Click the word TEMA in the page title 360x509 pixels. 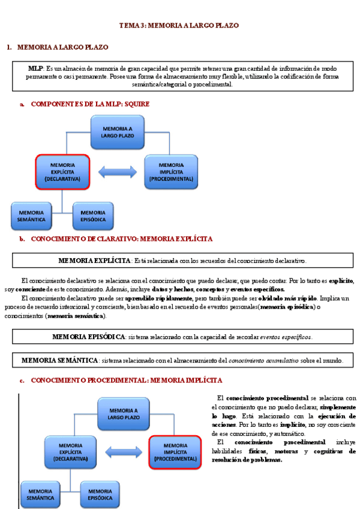pos(128,26)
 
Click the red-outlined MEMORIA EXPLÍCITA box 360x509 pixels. pos(62,171)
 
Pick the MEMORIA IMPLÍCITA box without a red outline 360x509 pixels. pos(172,171)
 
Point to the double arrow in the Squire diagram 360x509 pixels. pos(118,172)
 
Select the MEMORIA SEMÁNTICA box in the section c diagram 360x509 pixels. pos(40,494)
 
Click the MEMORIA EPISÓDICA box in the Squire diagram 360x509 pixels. pos(93,216)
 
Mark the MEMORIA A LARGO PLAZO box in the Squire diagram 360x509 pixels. pos(117,132)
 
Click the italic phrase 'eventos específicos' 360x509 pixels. pos(286,337)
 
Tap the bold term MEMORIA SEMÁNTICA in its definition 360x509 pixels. pos(59,361)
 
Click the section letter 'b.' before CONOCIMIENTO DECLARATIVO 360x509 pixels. pos(22,239)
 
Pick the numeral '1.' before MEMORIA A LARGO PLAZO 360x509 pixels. pos(9,47)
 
